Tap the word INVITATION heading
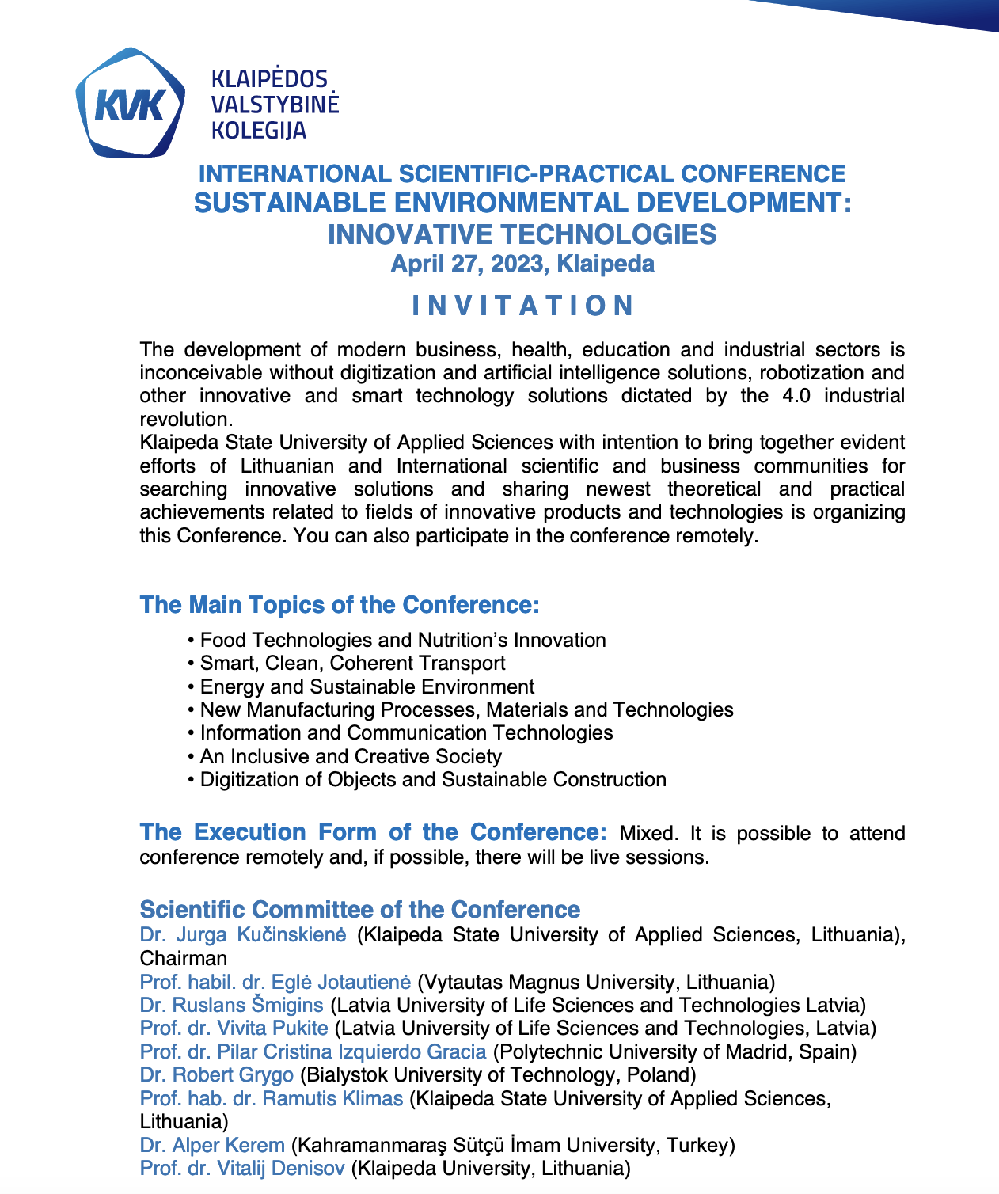(x=522, y=306)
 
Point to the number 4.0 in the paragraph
(x=795, y=396)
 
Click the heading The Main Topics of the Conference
(x=340, y=605)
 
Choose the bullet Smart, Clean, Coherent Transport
(x=352, y=664)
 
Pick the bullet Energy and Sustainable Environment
(x=367, y=686)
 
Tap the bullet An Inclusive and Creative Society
(x=351, y=756)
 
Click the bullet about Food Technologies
(x=403, y=640)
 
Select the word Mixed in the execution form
(x=648, y=834)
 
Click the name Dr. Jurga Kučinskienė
(x=243, y=935)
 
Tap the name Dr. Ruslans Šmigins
(x=231, y=1006)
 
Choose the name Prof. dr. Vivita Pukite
(x=234, y=1029)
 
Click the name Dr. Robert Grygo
(x=216, y=1075)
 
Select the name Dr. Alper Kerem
(x=211, y=1145)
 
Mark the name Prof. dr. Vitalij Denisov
(x=242, y=1168)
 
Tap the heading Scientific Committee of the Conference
(x=359, y=910)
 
